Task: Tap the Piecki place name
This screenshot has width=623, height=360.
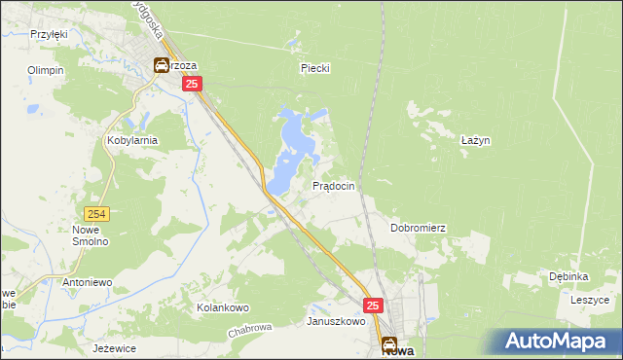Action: click(x=315, y=68)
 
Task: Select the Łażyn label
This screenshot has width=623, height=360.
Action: click(x=474, y=140)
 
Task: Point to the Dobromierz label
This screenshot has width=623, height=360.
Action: click(x=418, y=228)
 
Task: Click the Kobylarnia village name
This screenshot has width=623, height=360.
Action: click(x=131, y=140)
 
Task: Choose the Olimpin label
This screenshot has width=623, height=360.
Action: click(x=46, y=71)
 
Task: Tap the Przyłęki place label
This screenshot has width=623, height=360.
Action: click(x=48, y=34)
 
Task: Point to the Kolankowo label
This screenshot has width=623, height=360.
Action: click(x=223, y=307)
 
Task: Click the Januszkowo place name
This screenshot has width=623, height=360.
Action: click(x=336, y=321)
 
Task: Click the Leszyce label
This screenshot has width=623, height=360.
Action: click(x=588, y=300)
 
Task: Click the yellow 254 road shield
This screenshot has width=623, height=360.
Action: click(x=95, y=213)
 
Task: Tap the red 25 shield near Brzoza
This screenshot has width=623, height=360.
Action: click(x=192, y=85)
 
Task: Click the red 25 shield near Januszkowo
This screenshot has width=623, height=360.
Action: click(x=374, y=305)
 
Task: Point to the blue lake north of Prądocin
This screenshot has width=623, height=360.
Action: click(x=292, y=146)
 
